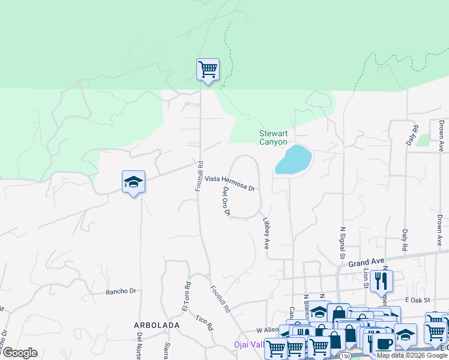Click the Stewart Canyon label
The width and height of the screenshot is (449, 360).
[x=273, y=137]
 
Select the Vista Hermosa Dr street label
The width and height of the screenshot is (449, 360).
[x=231, y=183]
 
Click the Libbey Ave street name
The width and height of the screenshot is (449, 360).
[x=266, y=233]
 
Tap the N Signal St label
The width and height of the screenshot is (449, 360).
[x=343, y=240]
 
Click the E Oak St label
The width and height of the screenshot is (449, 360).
[x=418, y=299]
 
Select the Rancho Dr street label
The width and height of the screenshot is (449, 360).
[x=121, y=292]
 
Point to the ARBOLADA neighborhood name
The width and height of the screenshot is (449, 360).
[x=157, y=325]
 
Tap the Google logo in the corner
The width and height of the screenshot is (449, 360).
[x=20, y=353]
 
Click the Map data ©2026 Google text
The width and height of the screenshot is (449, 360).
[x=412, y=355]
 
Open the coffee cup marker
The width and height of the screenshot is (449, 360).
[x=384, y=343]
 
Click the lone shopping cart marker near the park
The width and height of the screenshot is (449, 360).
[x=208, y=70]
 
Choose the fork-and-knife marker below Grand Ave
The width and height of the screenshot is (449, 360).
[x=381, y=280]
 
